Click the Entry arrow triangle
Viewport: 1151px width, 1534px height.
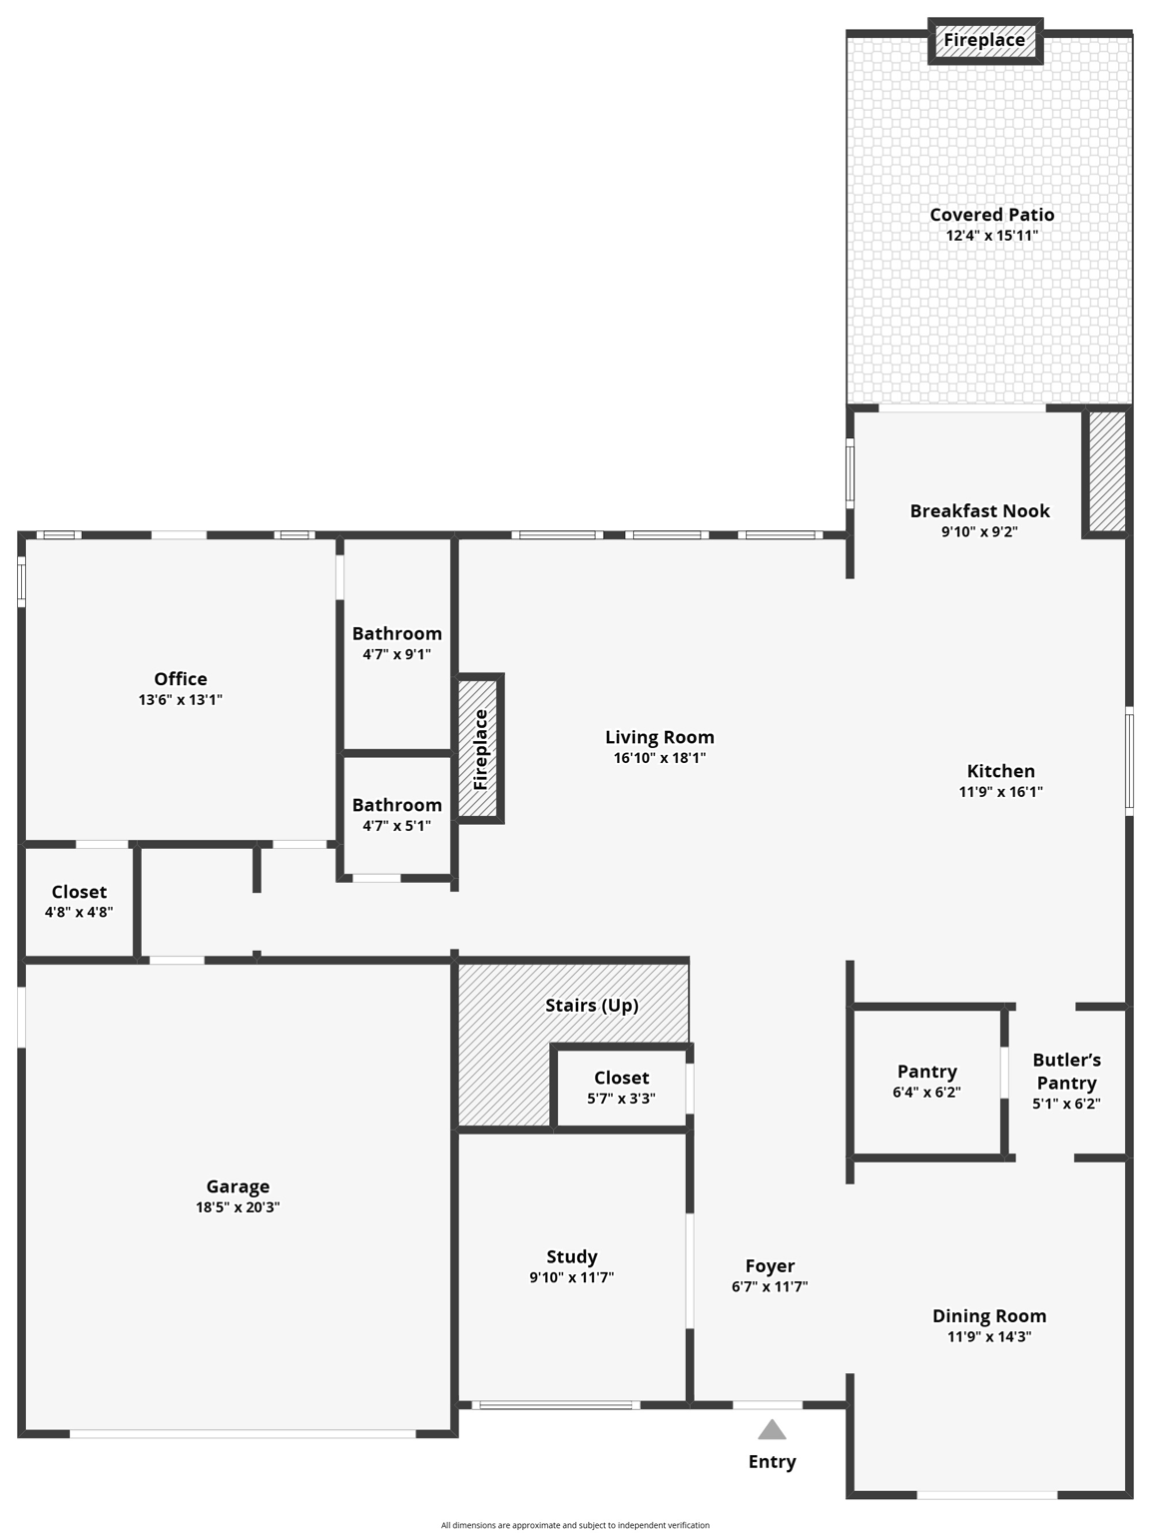click(x=772, y=1430)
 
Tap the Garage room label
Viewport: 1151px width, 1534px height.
click(x=238, y=1186)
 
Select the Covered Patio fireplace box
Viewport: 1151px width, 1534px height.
click(x=984, y=41)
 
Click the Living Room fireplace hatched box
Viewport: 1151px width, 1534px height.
click(x=480, y=748)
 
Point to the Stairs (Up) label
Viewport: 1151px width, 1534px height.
click(x=591, y=1005)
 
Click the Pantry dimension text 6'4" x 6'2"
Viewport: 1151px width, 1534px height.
click(x=926, y=1093)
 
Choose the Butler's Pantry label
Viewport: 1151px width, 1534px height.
click(x=1066, y=1071)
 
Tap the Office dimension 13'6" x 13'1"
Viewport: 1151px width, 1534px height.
click(x=181, y=700)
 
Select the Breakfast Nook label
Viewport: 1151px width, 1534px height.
click(x=979, y=510)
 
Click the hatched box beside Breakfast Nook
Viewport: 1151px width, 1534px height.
click(x=1106, y=471)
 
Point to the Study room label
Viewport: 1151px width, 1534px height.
click(x=571, y=1256)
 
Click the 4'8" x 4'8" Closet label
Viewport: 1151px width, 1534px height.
click(x=79, y=892)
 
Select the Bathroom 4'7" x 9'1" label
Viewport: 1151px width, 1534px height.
click(x=396, y=633)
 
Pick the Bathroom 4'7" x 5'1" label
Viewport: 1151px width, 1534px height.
click(x=396, y=805)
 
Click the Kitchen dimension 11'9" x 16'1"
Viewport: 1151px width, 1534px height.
click(x=1000, y=792)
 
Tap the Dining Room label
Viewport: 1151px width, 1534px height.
click(x=988, y=1316)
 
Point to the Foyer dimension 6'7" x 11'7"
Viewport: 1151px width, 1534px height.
click(x=770, y=1287)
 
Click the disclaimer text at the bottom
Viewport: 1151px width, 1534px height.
click(x=575, y=1525)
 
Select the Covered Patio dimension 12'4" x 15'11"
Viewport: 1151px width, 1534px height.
click(x=991, y=236)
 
